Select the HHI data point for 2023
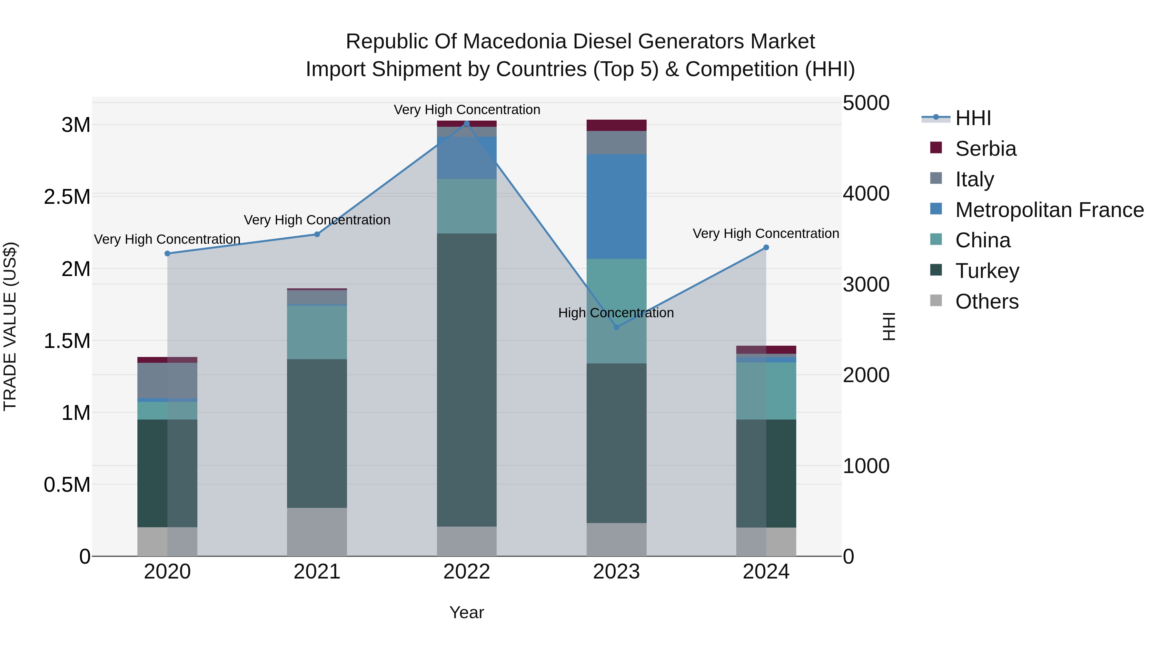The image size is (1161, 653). point(617,327)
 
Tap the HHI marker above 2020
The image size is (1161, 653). point(167,254)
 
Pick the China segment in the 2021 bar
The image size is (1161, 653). point(317,332)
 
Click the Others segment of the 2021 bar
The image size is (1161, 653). point(317,532)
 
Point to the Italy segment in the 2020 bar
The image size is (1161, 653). point(167,381)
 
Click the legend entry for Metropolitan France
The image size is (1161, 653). point(1049,210)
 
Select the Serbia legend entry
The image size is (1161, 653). point(985,149)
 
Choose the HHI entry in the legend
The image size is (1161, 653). point(973,118)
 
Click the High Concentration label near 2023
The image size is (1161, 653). point(616,313)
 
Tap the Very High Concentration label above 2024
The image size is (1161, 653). point(765,233)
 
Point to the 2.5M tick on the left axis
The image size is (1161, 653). point(67,197)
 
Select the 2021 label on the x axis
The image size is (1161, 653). point(317,572)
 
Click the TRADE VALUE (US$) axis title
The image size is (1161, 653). point(10,326)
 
